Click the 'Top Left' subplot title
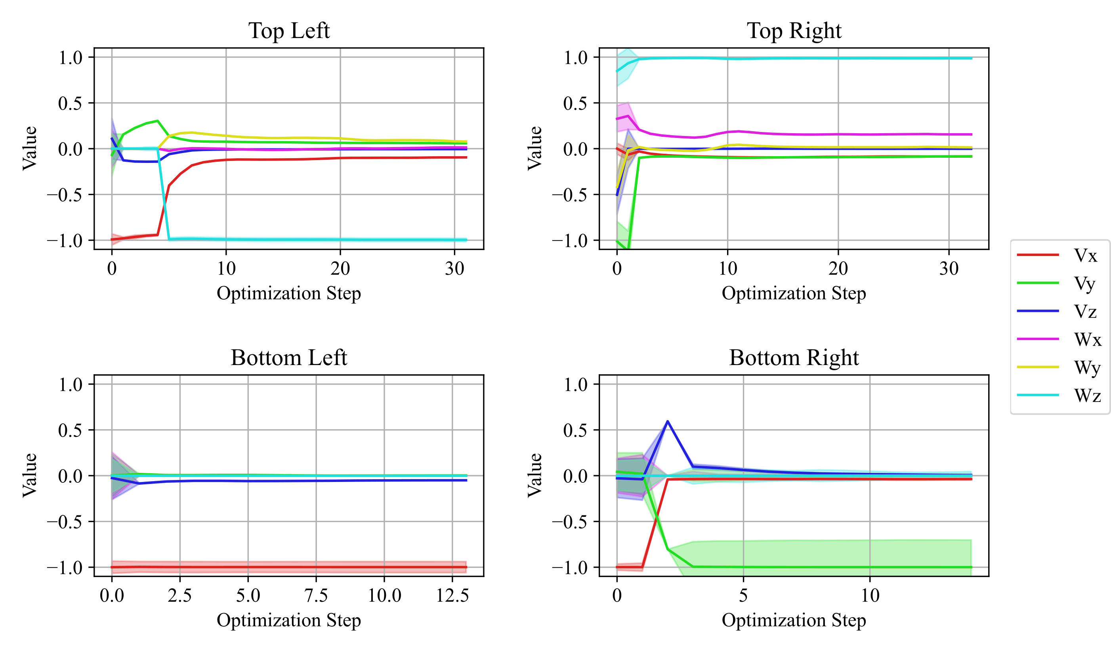click(289, 31)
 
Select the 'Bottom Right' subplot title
click(794, 358)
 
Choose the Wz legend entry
click(1058, 396)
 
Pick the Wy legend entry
click(1058, 367)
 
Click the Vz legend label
click(1084, 312)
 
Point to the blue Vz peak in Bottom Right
click(668, 421)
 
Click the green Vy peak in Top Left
click(157, 120)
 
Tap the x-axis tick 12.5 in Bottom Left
click(452, 596)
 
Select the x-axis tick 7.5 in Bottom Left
click(316, 596)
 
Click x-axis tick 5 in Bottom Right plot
click(743, 596)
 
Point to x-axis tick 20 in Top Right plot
click(838, 269)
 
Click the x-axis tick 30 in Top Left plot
click(454, 269)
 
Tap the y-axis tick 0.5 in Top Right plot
click(575, 103)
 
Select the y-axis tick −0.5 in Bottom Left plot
click(65, 522)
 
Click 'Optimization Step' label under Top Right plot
click(794, 293)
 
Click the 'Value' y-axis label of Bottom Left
click(30, 475)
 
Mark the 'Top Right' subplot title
click(794, 31)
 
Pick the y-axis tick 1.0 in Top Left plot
click(71, 57)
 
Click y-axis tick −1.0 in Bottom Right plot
click(570, 568)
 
